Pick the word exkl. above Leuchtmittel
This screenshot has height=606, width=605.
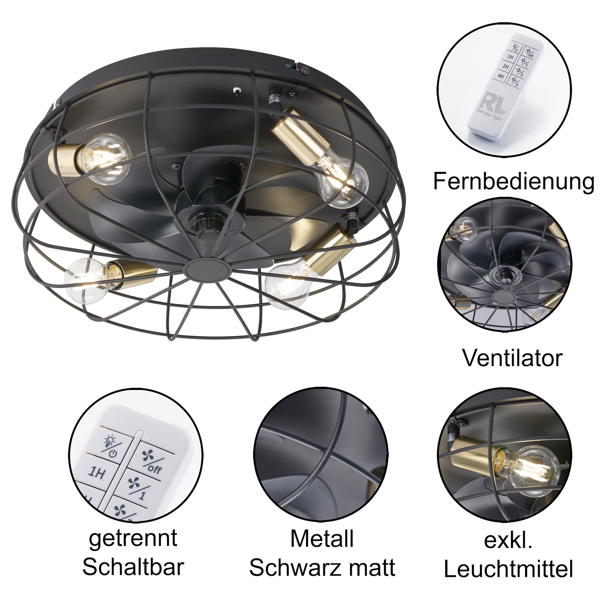[x=508, y=540]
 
